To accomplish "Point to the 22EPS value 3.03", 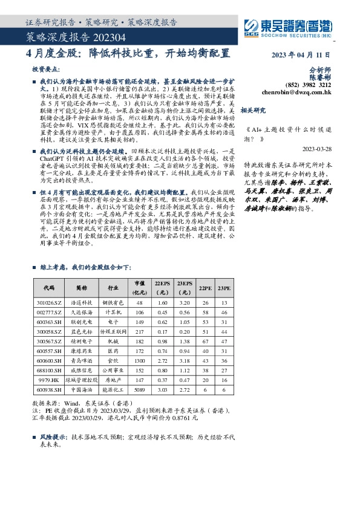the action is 162,390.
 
